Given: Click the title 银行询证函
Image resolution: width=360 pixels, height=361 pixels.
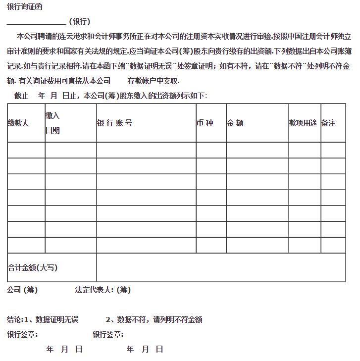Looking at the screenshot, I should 25,7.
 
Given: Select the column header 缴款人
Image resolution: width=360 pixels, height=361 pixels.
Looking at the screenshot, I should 18,123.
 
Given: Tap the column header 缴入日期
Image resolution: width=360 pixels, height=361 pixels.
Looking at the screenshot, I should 52,123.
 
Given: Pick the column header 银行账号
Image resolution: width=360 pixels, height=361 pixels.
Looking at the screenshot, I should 114,123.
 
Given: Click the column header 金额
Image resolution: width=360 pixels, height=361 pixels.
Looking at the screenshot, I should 235,123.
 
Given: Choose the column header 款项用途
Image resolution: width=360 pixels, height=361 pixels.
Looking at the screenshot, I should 303,123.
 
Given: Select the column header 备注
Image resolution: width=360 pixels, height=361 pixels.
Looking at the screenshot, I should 328,123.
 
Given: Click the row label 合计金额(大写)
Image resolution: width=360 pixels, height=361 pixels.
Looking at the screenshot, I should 33,267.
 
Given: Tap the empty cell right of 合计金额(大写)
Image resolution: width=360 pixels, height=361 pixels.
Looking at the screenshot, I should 221,267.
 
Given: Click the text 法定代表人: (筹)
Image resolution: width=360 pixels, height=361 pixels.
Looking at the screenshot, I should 103,290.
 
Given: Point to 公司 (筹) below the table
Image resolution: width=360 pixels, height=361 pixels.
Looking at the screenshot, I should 22,290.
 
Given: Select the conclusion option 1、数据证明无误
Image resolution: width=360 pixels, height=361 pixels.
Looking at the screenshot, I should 43,320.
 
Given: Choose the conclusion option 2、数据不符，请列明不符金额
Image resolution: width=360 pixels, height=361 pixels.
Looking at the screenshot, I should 154,320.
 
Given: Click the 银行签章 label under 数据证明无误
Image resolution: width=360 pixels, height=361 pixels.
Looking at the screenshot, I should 22,335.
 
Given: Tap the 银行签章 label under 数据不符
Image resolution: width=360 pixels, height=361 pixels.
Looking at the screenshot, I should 108,335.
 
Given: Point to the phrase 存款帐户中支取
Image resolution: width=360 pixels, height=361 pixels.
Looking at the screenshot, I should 154,81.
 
